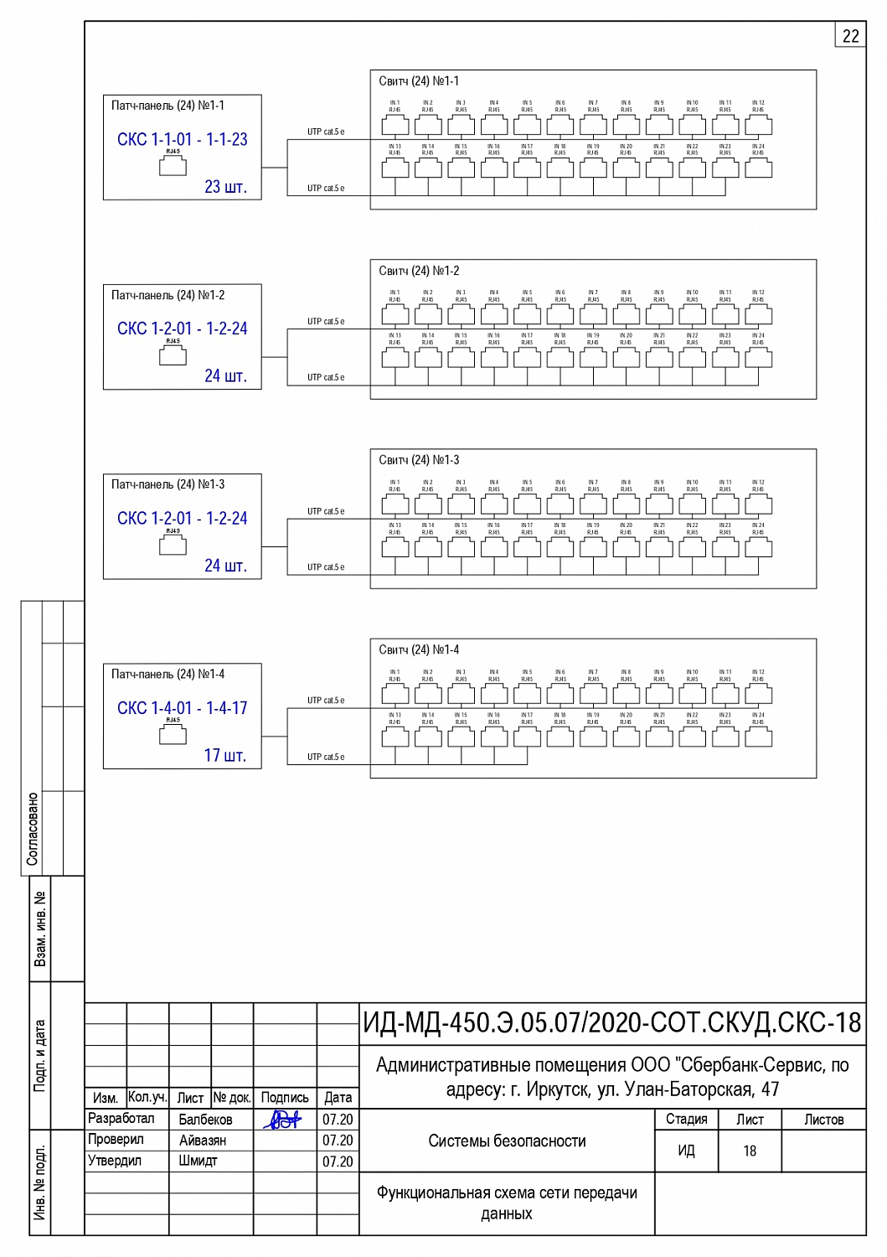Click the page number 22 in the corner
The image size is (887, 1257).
pos(850,36)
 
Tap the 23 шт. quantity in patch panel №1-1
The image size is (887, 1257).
pos(225,187)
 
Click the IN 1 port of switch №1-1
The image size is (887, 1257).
pos(395,125)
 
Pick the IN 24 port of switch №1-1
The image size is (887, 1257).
pos(758,168)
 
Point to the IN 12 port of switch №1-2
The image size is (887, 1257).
pos(758,314)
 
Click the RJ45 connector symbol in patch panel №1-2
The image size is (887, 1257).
pos(173,355)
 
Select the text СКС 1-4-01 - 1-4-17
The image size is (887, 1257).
pos(182,708)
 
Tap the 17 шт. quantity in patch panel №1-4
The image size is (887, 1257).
pos(225,755)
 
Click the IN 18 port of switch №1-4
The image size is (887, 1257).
pos(560,737)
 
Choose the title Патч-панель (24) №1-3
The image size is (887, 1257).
pos(168,484)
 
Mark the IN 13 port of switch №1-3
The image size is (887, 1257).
pos(395,547)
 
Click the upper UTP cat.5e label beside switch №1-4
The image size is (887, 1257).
pos(326,701)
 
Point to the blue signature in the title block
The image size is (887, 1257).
pos(283,1120)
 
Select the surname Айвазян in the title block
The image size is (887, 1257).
pos(203,1141)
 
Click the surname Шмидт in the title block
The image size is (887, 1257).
pos(199,1161)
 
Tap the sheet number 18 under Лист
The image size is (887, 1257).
pos(750,1151)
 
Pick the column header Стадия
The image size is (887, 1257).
pos(686,1120)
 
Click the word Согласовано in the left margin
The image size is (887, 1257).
pos(33,829)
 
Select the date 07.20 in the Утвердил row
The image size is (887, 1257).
pos(338,1161)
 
